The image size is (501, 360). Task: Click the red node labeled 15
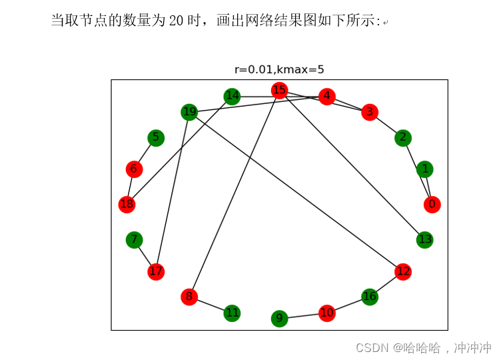pos(279,90)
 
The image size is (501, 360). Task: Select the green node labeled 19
pos(190,112)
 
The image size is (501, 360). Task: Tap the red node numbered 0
pos(432,204)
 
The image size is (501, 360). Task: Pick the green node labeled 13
pos(424,239)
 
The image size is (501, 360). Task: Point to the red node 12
pos(402,271)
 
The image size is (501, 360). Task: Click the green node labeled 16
pos(370,297)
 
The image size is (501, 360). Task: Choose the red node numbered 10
pos(326,313)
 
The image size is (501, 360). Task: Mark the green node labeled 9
pos(280,319)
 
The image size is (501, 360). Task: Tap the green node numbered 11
pos(232,313)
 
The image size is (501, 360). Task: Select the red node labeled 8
pos(189,297)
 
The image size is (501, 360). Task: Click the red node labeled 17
pos(156,271)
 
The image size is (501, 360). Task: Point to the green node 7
pos(135,239)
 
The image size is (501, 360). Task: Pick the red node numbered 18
pos(127,204)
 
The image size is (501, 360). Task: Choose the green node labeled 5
pos(156,138)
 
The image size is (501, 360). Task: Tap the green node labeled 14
pos(232,96)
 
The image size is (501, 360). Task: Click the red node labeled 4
pos(326,96)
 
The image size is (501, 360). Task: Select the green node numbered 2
pos(402,138)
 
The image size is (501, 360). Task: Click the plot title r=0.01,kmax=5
pos(279,69)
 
